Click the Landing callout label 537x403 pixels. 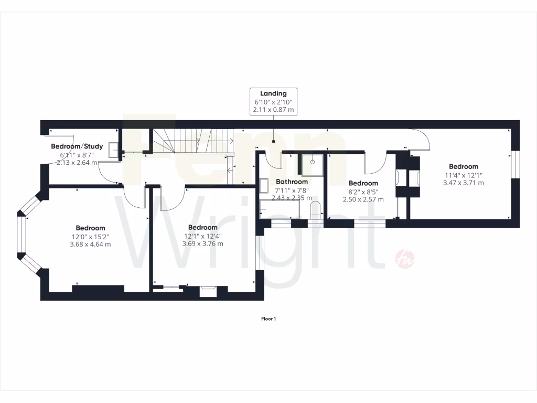273,93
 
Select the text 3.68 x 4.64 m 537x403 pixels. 90,244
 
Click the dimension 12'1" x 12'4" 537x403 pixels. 202,236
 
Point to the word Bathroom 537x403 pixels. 292,182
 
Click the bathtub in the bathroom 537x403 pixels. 280,210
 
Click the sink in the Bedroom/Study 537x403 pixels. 112,150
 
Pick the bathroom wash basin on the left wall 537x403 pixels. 263,185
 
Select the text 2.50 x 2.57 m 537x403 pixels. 363,199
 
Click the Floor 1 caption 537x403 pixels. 268,319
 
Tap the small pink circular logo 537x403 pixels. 401,257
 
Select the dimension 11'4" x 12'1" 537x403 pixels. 463,175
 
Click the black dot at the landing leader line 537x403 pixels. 273,142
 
